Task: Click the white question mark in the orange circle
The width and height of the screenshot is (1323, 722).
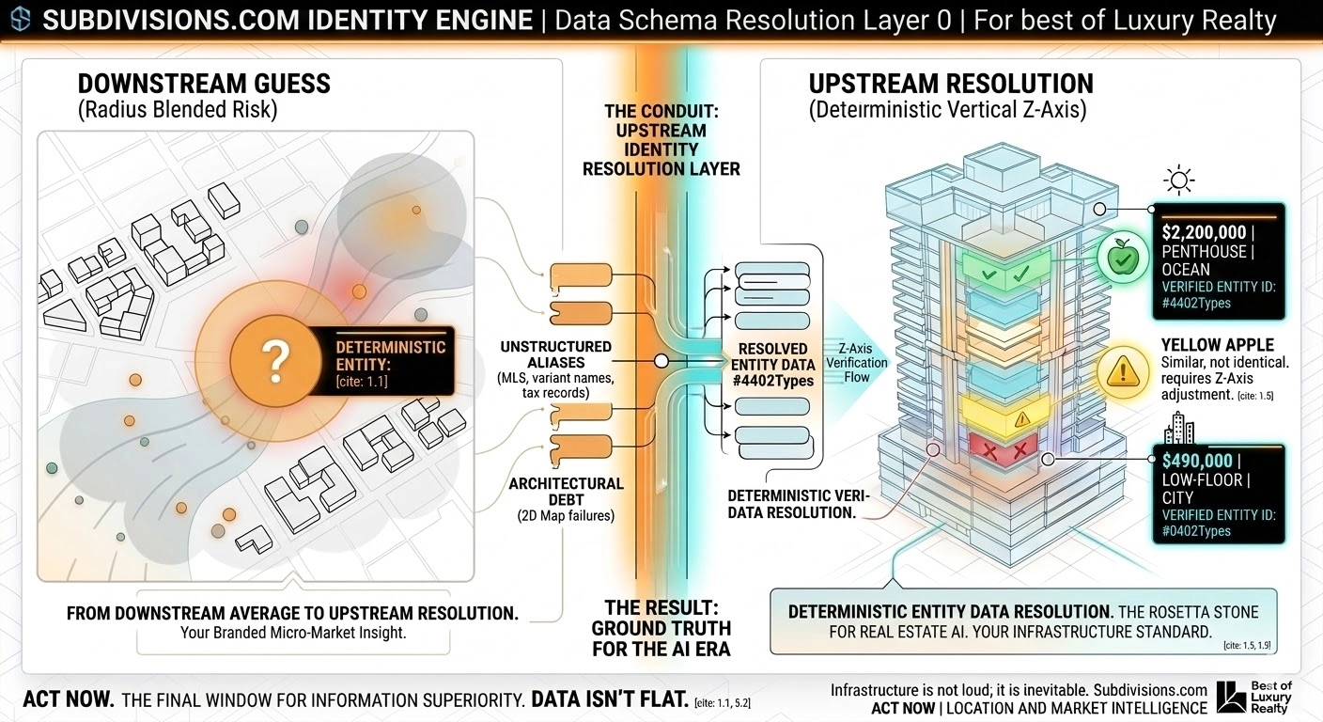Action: pos(273,359)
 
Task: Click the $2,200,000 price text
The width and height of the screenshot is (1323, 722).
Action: pos(1204,232)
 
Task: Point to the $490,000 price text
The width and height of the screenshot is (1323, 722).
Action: pos(1199,462)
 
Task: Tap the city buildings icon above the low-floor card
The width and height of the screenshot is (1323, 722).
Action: pos(1178,431)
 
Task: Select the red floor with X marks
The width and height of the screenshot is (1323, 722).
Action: pos(1003,452)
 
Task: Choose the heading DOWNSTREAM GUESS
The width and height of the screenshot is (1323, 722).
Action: pos(204,84)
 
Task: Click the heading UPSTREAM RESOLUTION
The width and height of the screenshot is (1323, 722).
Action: pos(951,84)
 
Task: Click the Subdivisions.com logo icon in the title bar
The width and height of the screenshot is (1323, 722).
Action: pos(19,21)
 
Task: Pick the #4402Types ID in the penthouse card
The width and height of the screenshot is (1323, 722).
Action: pos(1196,303)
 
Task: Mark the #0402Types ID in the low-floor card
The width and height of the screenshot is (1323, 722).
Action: pos(1196,531)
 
